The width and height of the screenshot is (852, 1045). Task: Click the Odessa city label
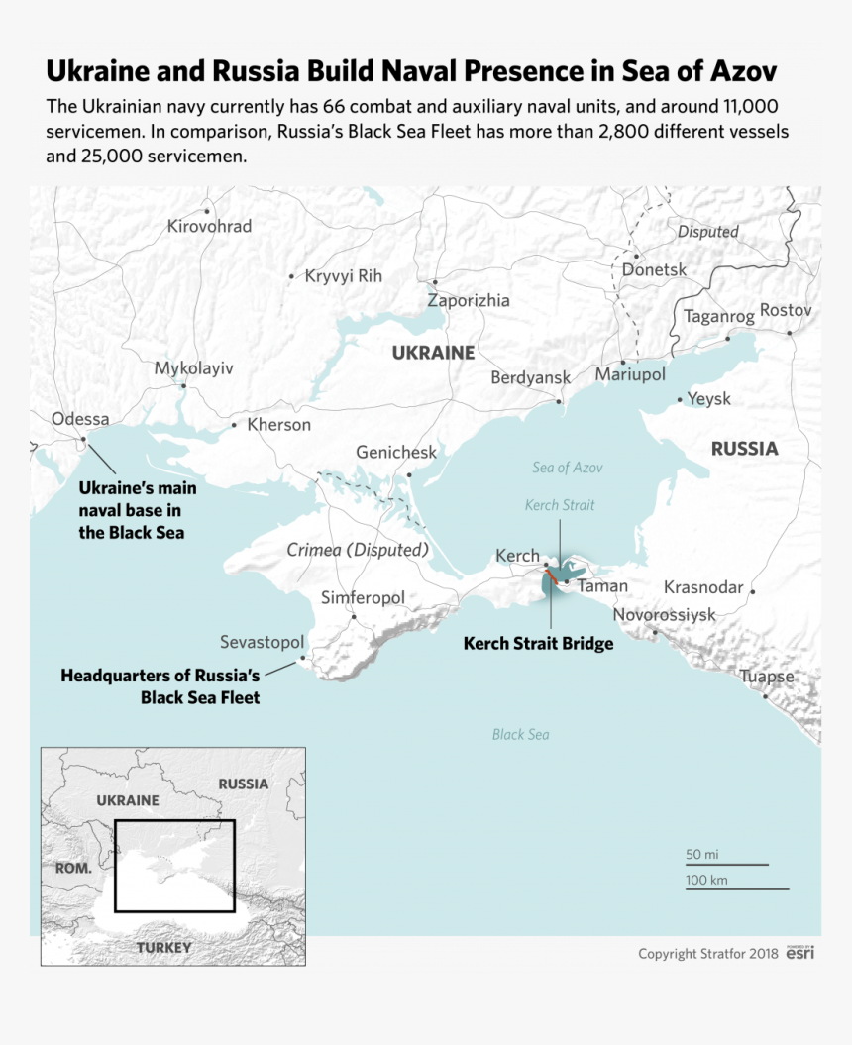point(80,419)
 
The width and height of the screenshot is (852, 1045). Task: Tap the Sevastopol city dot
point(303,656)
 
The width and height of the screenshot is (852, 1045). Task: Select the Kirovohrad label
point(209,226)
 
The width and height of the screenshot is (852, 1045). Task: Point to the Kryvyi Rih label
point(343,276)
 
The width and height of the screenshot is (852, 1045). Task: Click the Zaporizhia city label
point(469,300)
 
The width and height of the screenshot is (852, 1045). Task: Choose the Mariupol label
point(630,375)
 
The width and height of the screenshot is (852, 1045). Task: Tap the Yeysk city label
point(709,398)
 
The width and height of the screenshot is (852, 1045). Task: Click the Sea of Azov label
point(567,468)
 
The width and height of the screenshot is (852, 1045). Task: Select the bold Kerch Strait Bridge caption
point(538,644)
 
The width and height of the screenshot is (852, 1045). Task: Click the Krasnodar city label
point(703,587)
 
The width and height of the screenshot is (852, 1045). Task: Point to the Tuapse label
point(767,677)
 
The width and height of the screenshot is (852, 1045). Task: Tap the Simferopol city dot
point(354,616)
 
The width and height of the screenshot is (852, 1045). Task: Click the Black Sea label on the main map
point(520,734)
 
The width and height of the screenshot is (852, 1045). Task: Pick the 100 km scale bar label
point(706,880)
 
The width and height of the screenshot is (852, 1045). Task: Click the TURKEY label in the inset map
point(164,947)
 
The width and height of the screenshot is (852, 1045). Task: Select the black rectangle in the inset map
point(174,866)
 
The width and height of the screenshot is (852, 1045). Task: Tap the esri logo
point(800,953)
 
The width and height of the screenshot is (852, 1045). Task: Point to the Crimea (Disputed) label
point(358,550)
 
